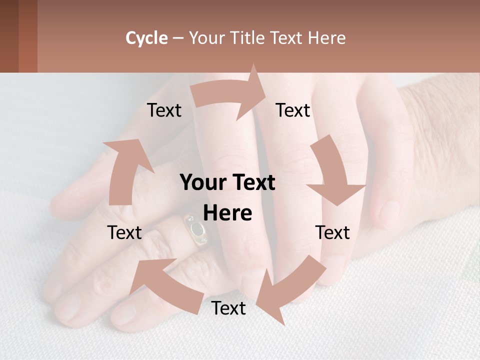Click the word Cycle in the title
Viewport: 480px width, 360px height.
click(x=146, y=38)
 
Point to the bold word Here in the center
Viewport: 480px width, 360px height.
click(x=227, y=213)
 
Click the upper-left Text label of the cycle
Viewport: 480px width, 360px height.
click(x=164, y=110)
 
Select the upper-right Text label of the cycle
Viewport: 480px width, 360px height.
click(x=293, y=110)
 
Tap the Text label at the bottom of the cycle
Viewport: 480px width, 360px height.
click(x=228, y=308)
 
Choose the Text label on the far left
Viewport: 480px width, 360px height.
click(x=124, y=232)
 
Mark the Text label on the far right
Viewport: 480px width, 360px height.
click(x=332, y=232)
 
